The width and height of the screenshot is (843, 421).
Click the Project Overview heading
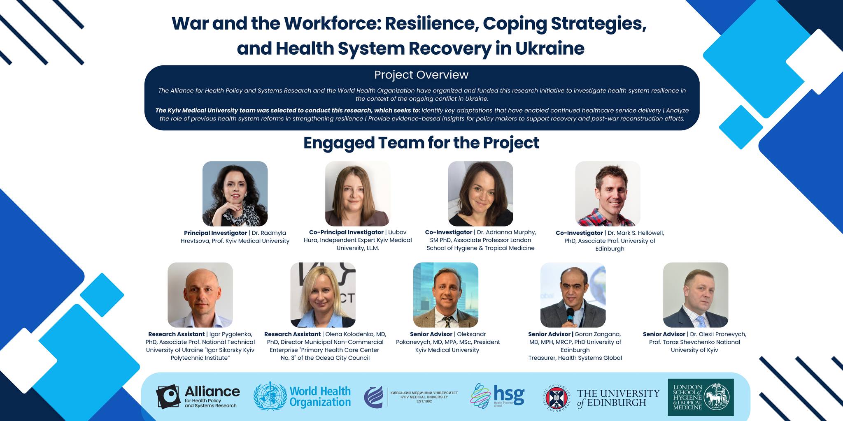[421, 75]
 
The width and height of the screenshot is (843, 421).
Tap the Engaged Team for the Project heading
[421, 143]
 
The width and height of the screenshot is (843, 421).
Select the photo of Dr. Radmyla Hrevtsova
[235, 194]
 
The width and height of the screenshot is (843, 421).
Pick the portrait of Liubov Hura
[358, 194]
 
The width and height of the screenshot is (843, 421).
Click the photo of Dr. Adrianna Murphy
[480, 194]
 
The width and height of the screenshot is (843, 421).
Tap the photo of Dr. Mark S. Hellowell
[608, 194]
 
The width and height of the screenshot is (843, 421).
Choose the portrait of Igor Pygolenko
[200, 295]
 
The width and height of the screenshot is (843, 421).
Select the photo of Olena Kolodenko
[323, 295]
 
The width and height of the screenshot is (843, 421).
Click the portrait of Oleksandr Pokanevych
[446, 295]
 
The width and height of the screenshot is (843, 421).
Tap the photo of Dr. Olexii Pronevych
[696, 295]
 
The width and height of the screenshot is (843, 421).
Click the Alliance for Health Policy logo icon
[168, 397]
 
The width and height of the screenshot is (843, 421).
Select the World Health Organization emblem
[270, 396]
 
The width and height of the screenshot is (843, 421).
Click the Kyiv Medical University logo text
[424, 397]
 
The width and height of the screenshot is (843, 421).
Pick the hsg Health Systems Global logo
[498, 396]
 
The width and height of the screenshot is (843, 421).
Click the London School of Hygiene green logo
[701, 397]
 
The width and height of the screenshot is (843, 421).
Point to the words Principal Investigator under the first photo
[215, 233]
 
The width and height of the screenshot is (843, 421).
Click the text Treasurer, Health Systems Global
[575, 358]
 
